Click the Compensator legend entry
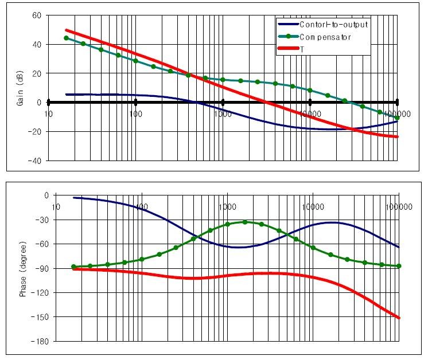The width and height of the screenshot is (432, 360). (333, 37)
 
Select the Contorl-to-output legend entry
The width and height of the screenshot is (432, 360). (333, 25)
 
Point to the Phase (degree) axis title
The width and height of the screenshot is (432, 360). (24, 268)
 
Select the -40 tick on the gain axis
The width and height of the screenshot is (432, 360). (36, 161)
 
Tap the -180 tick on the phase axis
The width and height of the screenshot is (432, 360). (41, 341)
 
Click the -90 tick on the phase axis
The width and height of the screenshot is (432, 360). (42, 268)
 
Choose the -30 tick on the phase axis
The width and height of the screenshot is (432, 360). (42, 220)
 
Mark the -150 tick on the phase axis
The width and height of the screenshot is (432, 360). (41, 317)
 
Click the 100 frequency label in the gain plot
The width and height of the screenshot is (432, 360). (136, 114)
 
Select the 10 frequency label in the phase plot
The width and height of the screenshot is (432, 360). (56, 206)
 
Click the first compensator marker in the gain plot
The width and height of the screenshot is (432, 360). (66, 38)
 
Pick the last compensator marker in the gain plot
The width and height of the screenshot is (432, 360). (397, 118)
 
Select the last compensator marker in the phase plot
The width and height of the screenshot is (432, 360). (399, 266)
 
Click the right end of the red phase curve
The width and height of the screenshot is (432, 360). (399, 318)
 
